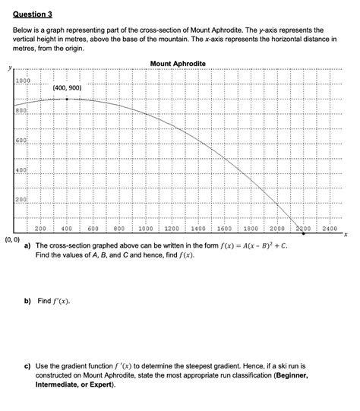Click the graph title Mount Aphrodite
click(178, 63)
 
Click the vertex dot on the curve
click(67, 99)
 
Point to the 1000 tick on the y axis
click(22, 81)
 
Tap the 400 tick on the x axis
click(66, 228)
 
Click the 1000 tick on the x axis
click(145, 228)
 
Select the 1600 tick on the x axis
click(224, 228)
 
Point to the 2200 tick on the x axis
click(303, 228)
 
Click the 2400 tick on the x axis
click(329, 228)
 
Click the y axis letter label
click(10, 68)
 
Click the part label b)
click(27, 301)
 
